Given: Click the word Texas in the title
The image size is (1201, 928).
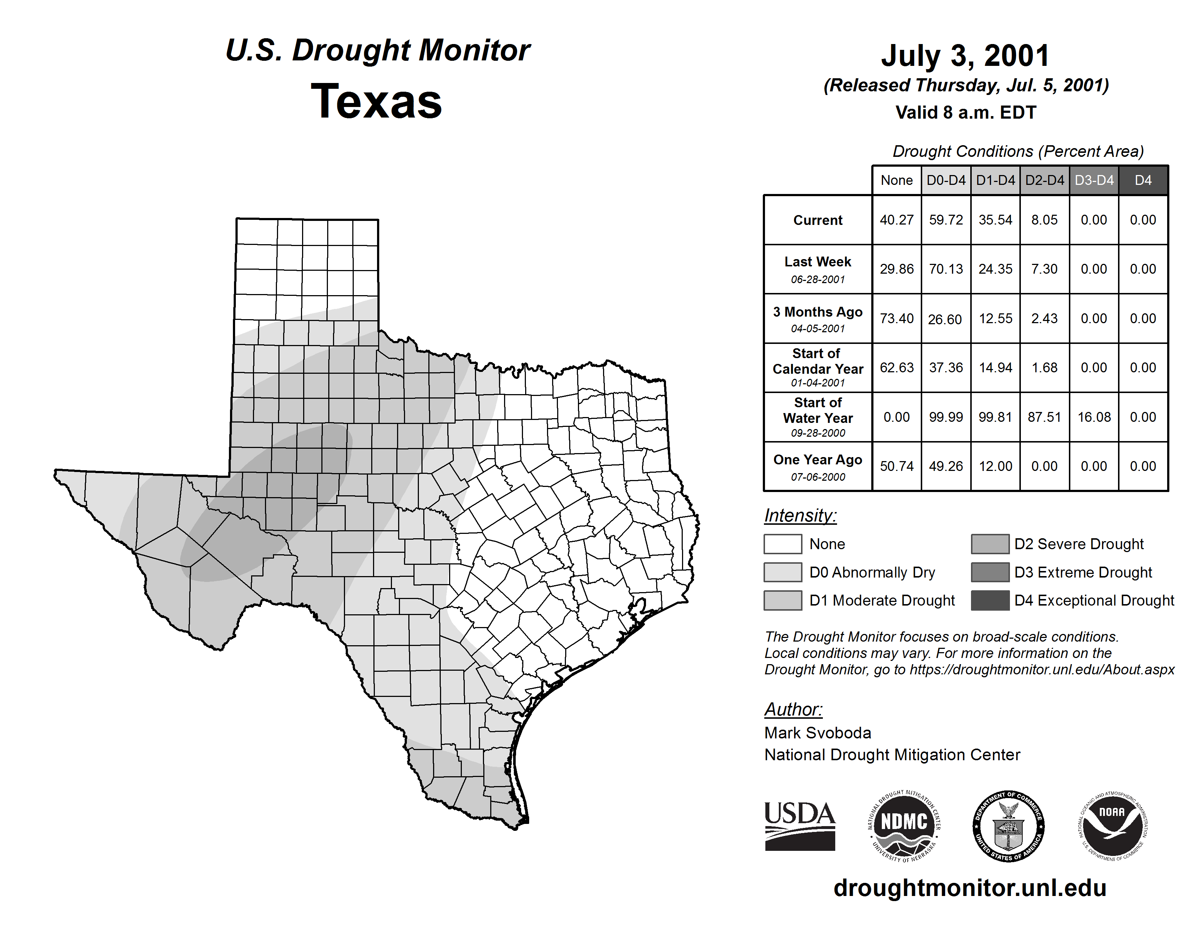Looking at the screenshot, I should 376,101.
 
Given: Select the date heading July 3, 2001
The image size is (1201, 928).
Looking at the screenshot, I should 965,56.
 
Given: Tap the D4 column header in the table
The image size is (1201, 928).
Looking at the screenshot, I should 1143,180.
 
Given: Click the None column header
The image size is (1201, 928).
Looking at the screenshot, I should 896,180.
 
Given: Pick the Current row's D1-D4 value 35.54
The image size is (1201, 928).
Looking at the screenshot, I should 995,220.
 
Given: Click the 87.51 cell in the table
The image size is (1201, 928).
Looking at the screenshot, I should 1044,417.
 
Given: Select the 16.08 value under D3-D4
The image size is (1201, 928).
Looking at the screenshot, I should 1094,417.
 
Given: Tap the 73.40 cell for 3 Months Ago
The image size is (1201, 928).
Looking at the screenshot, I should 896,318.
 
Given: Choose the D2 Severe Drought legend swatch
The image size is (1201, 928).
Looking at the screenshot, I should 990,544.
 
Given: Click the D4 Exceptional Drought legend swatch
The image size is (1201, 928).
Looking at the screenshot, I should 990,600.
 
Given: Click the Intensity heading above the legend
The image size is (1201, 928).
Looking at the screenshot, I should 800,516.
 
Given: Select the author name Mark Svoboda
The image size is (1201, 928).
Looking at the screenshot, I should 818,733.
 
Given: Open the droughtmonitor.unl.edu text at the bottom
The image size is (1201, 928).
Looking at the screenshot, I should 970,888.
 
